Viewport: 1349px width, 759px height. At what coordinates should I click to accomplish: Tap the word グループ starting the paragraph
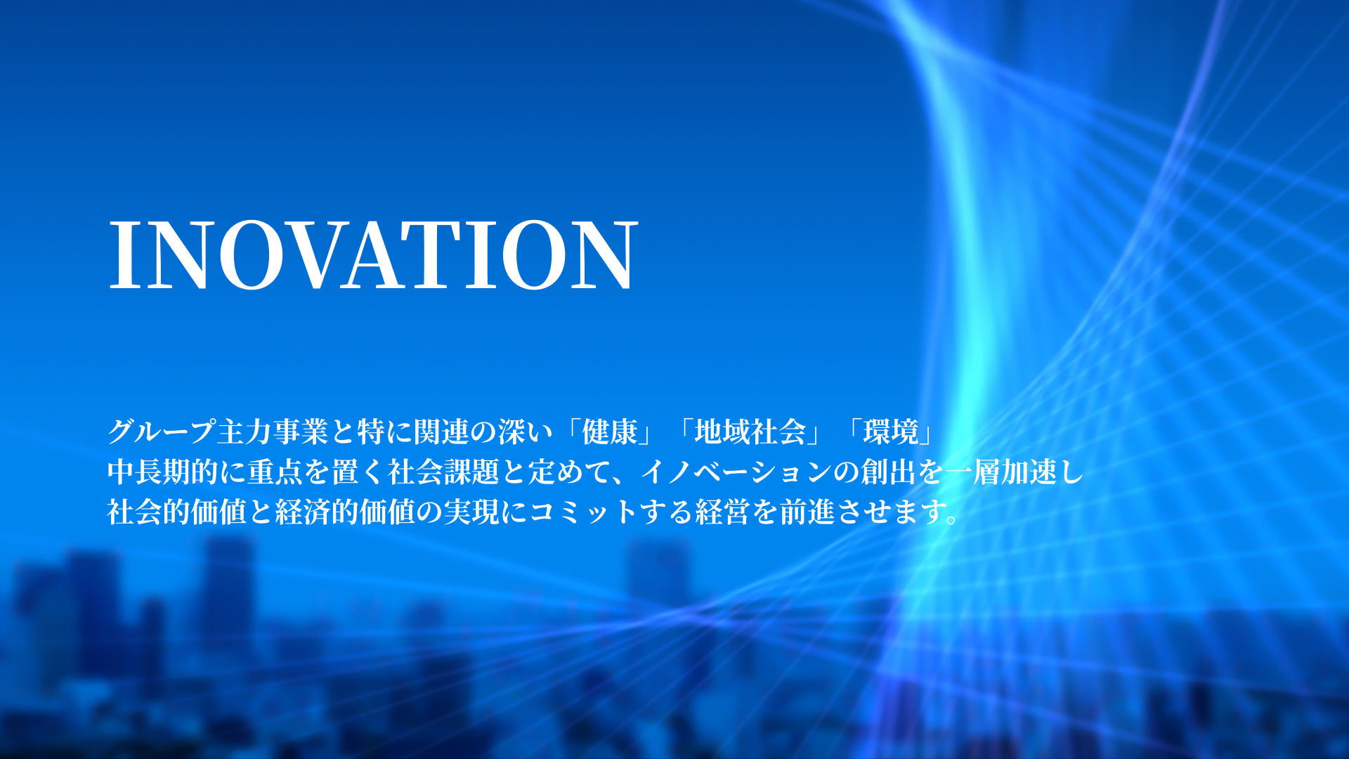(162, 432)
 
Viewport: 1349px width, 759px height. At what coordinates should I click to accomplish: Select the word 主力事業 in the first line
(273, 432)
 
